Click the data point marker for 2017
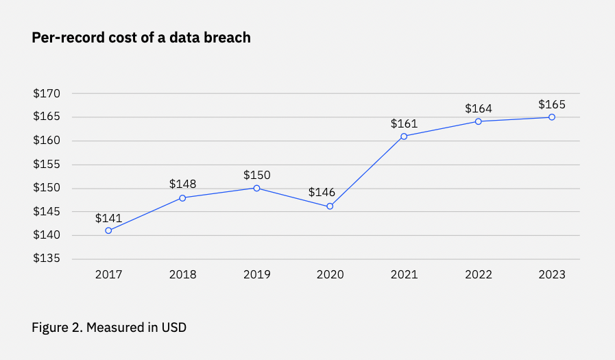coord(108,230)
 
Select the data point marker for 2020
coord(330,206)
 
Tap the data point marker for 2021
coord(404,136)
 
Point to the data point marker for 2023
coord(552,117)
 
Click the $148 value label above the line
coord(182,184)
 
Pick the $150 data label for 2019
coord(256,174)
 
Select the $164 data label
coord(479,108)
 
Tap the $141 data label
coord(108,218)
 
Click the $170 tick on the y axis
coord(47,94)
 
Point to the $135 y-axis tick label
coord(47,259)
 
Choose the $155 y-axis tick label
coord(47,165)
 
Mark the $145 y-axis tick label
coord(47,212)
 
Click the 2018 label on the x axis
coord(182,274)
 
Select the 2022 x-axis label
coord(479,274)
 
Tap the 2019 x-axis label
coord(256,274)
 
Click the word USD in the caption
coord(174,328)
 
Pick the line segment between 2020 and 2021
coord(367,171)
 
